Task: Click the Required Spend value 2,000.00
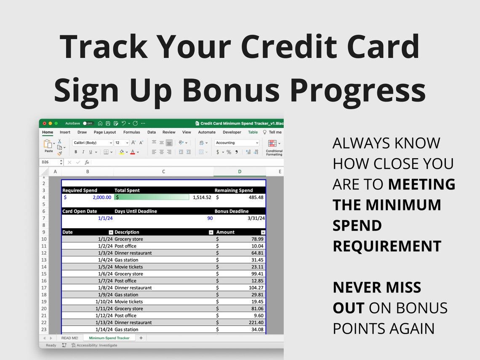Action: tap(102, 197)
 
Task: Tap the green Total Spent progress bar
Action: tap(152, 197)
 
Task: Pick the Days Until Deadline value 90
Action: tap(210, 218)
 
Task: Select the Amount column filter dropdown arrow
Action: tap(263, 232)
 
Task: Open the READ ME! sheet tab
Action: tap(69, 338)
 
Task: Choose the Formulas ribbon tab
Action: tap(131, 132)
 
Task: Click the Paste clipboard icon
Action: tap(48, 144)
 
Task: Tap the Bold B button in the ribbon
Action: tap(76, 152)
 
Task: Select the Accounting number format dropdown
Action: tap(237, 143)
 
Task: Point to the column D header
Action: tap(240, 171)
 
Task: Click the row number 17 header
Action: tap(44, 288)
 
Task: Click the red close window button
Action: tap(44, 123)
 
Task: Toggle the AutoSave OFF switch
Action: tap(88, 123)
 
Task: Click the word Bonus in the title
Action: tap(231, 90)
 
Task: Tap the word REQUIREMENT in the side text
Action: tap(387, 246)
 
